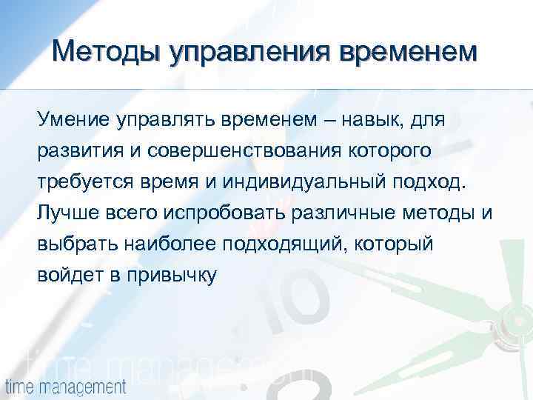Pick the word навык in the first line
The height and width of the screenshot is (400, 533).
tap(361, 120)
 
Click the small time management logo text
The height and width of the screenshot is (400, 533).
tap(65, 387)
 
